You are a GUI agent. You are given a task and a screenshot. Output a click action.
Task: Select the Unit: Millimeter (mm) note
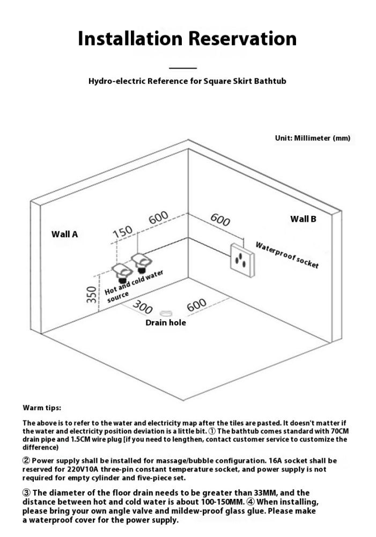pos(312,138)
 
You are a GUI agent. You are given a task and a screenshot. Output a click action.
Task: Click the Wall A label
pos(64,234)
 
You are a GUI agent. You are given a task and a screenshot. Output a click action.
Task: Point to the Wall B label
pos(303,219)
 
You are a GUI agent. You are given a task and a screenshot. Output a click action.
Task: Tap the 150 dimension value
pos(122,232)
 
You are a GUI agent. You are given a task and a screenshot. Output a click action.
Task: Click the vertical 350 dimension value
pos(92,294)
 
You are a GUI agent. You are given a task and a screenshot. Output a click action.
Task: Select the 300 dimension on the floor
pos(143,307)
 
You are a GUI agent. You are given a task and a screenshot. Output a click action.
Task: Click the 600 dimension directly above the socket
pos(220,220)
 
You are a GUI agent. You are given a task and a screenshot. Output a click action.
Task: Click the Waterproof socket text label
pos(287,255)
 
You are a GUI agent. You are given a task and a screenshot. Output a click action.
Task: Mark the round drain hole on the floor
pos(166,313)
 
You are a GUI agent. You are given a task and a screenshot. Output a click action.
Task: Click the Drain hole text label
pos(166,323)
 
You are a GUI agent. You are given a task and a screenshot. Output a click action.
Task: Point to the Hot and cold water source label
pos(132,285)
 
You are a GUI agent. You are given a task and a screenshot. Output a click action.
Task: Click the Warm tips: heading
pos(42,408)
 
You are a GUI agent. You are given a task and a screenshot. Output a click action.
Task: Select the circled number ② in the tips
pos(26,461)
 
